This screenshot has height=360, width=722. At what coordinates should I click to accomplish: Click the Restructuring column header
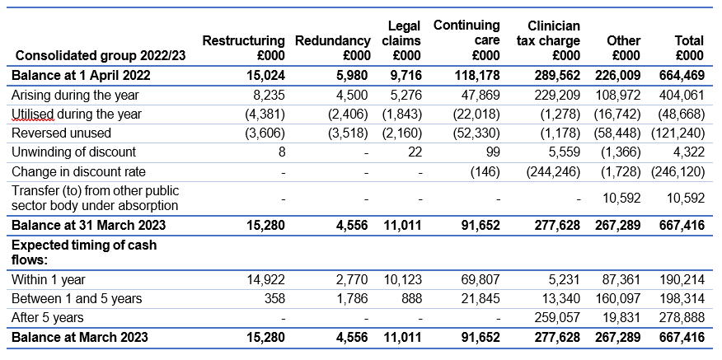[244, 48]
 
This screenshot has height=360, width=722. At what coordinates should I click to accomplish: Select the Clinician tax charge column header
[548, 40]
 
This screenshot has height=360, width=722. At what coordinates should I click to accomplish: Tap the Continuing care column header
[466, 40]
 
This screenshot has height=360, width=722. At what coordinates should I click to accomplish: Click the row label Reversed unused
[61, 133]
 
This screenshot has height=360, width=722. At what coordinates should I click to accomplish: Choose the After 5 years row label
[48, 317]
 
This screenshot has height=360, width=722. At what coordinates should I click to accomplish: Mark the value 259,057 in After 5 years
[557, 317]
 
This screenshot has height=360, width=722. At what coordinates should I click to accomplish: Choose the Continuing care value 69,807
[481, 279]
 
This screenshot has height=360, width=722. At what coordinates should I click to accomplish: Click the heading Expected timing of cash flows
[84, 252]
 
